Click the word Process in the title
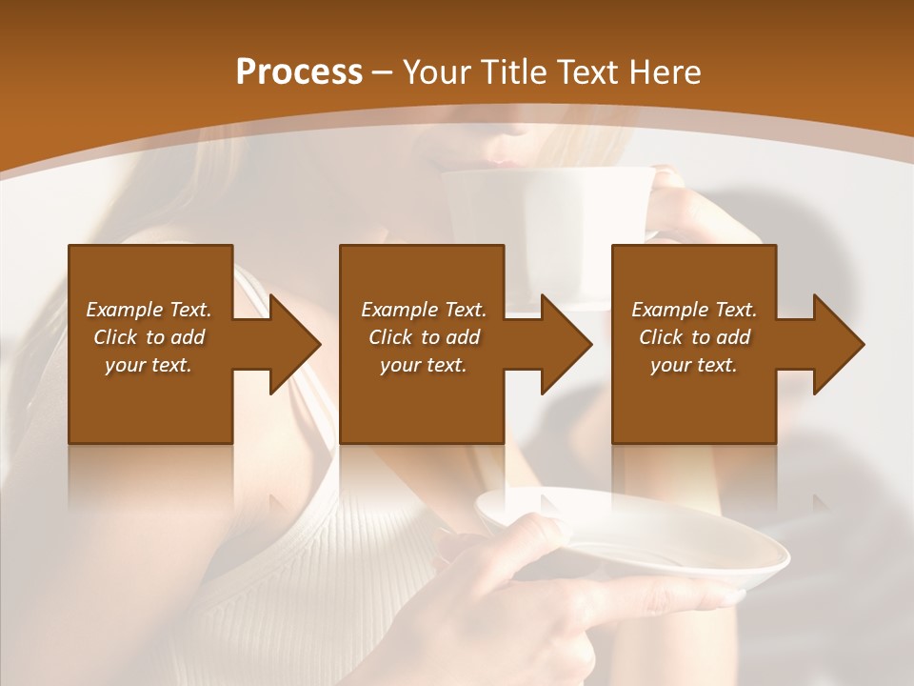pyautogui.click(x=299, y=72)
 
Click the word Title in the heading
pyautogui.click(x=509, y=72)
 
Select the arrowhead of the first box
pyautogui.click(x=290, y=344)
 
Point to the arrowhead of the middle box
pyautogui.click(x=562, y=344)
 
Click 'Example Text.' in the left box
pyautogui.click(x=149, y=310)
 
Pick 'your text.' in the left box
pyautogui.click(x=149, y=365)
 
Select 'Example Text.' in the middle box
pyautogui.click(x=424, y=310)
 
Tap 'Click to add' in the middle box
pyautogui.click(x=424, y=337)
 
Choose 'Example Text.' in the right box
pyautogui.click(x=694, y=310)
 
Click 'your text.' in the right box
pyautogui.click(x=694, y=365)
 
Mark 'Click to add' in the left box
pyautogui.click(x=149, y=337)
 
